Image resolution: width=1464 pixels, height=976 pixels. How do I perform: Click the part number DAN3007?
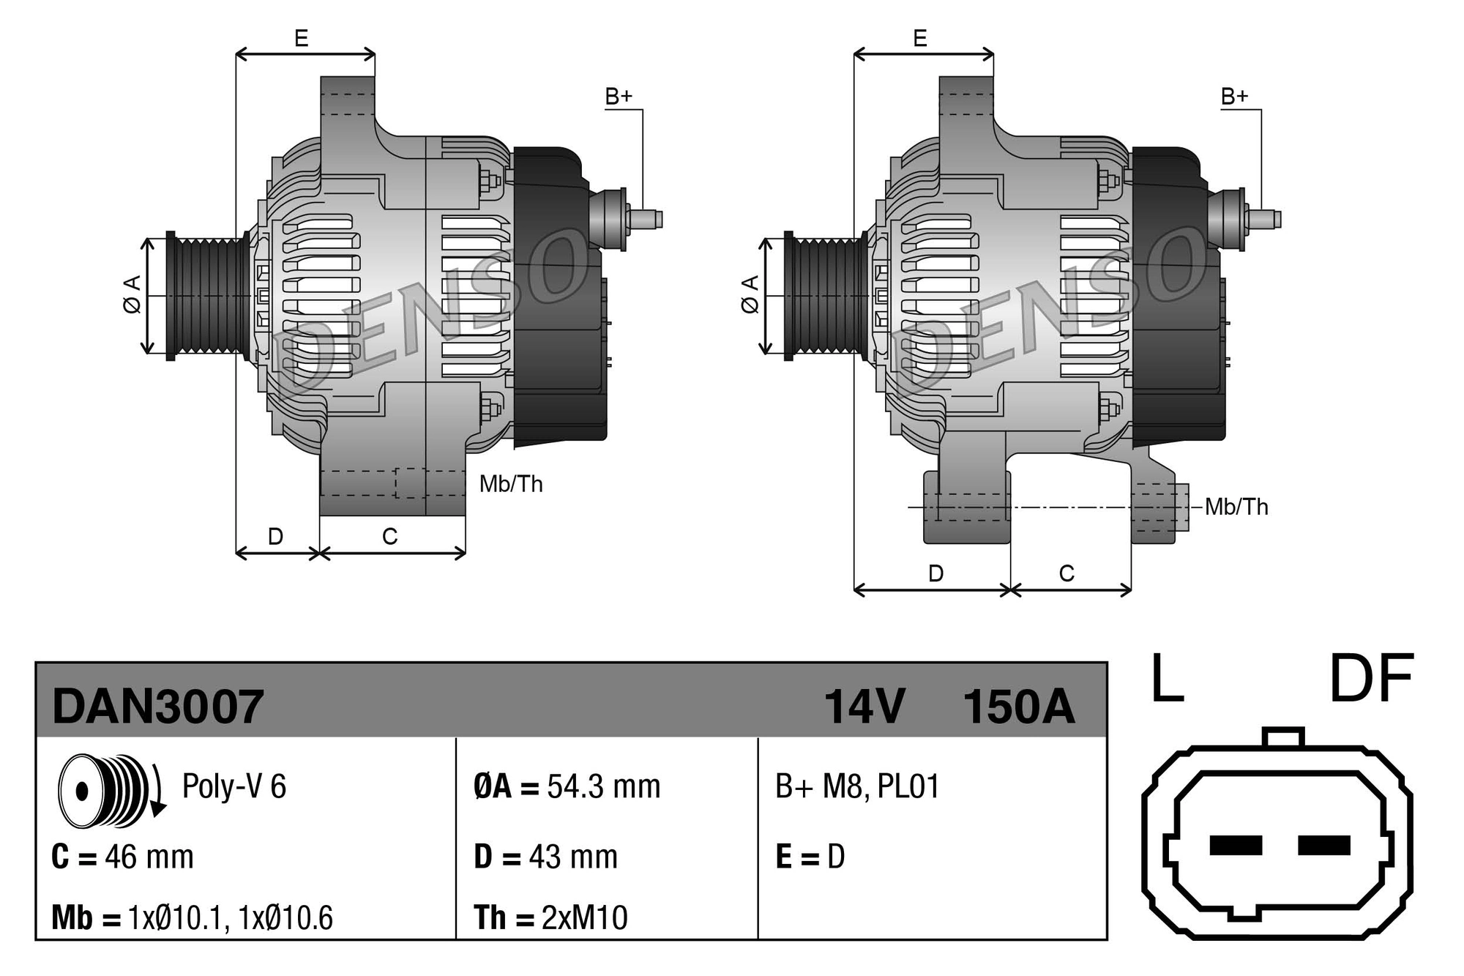[x=157, y=707]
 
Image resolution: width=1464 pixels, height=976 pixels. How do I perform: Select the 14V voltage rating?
[x=864, y=707]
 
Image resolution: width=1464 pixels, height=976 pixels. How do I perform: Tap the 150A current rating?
[x=1018, y=707]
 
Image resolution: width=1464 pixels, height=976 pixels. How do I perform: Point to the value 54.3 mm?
[x=603, y=787]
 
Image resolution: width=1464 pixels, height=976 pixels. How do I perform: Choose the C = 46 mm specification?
[x=122, y=857]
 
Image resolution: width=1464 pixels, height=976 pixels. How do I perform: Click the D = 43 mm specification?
[x=545, y=857]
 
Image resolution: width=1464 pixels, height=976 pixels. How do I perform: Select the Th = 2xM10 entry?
[x=550, y=917]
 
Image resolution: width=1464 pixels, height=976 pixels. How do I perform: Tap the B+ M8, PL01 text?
[x=856, y=787]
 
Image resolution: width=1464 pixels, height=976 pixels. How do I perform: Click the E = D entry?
[x=810, y=857]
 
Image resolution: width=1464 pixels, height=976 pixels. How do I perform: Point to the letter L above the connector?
[x=1167, y=678]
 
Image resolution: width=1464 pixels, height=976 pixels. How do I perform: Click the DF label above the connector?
[x=1371, y=678]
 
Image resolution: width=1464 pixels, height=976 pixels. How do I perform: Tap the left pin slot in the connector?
[x=1236, y=845]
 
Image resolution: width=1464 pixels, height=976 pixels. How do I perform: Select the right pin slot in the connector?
[x=1323, y=845]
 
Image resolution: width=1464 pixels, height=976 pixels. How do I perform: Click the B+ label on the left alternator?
[x=619, y=97]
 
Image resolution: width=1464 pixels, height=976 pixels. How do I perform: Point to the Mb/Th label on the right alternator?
[x=1236, y=507]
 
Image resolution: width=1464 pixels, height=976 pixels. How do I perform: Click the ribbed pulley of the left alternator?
[x=209, y=296]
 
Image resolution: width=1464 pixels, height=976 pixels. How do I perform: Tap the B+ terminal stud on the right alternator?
[x=1263, y=219]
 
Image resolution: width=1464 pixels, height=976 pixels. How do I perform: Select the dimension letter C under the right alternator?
[x=1067, y=573]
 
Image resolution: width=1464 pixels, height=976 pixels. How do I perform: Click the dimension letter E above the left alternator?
[x=301, y=38]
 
